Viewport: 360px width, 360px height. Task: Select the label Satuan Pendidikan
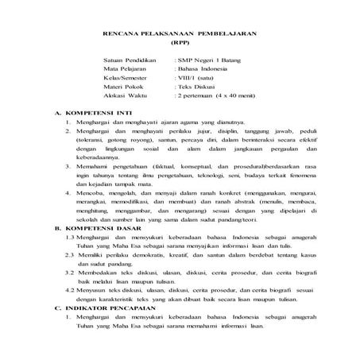tap(130, 60)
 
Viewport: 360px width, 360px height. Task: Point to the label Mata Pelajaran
tap(126, 69)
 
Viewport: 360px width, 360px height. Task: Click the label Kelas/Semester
tap(126, 78)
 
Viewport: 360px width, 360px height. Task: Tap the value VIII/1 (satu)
tap(195, 78)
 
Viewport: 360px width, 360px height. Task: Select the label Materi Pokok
tap(124, 87)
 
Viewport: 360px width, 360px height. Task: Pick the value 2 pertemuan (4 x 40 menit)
tap(219, 95)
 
